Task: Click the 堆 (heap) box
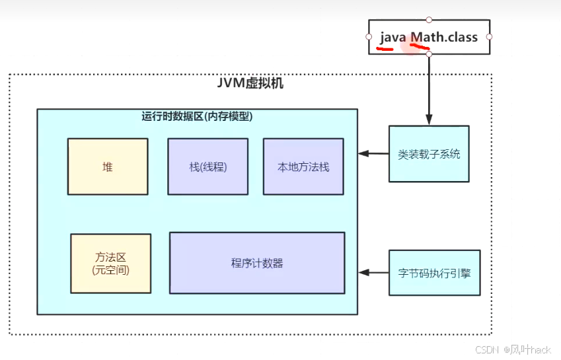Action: click(107, 166)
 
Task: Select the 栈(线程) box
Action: click(207, 166)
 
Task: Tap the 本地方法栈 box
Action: click(303, 166)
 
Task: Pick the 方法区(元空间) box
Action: click(110, 263)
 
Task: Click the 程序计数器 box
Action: click(257, 263)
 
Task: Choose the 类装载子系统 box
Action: click(429, 154)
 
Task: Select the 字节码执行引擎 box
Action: click(434, 273)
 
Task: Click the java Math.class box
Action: click(429, 37)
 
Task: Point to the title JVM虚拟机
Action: click(250, 85)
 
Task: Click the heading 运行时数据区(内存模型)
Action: click(197, 117)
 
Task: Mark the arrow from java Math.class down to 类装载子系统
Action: click(429, 89)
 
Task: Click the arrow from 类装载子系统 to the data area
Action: click(373, 154)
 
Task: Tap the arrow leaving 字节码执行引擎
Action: click(373, 272)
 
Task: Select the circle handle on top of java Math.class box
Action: click(429, 20)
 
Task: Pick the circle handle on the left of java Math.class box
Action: click(369, 37)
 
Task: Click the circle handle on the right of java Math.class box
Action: click(489, 37)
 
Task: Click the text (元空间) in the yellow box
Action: click(110, 270)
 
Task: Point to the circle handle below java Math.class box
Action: click(429, 54)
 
